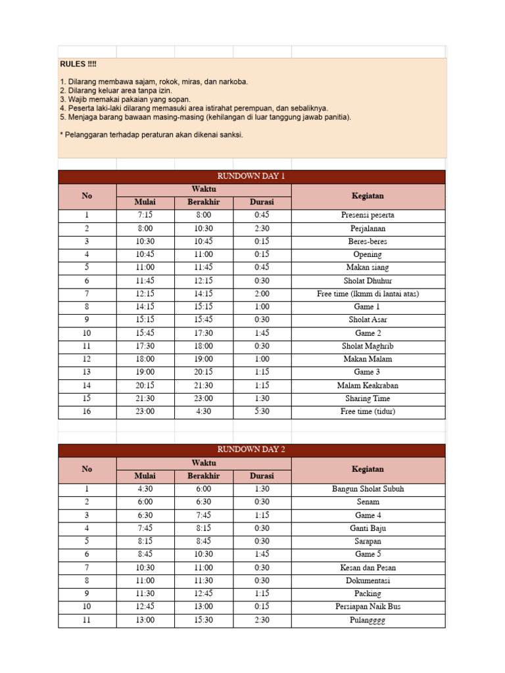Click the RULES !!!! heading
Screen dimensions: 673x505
click(78, 64)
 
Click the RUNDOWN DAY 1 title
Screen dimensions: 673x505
click(251, 176)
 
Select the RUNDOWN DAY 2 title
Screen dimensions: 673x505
click(251, 450)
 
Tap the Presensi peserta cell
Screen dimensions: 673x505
click(368, 215)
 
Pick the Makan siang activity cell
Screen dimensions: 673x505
click(368, 267)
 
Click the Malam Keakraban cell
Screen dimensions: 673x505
click(368, 386)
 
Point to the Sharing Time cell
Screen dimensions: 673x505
click(368, 399)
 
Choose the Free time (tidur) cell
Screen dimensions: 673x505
click(368, 412)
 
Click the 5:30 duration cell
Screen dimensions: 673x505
click(262, 412)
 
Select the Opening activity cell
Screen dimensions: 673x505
click(368, 254)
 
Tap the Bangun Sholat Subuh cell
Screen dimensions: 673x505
click(368, 489)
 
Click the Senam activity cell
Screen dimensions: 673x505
click(368, 502)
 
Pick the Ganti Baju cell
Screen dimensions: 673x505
click(368, 528)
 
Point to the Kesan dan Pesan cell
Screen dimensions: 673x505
click(368, 568)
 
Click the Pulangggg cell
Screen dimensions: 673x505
click(368, 620)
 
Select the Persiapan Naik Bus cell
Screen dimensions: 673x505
click(368, 607)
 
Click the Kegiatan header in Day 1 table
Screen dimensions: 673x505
click(368, 196)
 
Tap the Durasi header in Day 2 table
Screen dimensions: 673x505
click(262, 476)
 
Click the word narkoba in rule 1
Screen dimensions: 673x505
click(232, 82)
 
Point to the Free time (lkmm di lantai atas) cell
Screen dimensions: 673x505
click(368, 294)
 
